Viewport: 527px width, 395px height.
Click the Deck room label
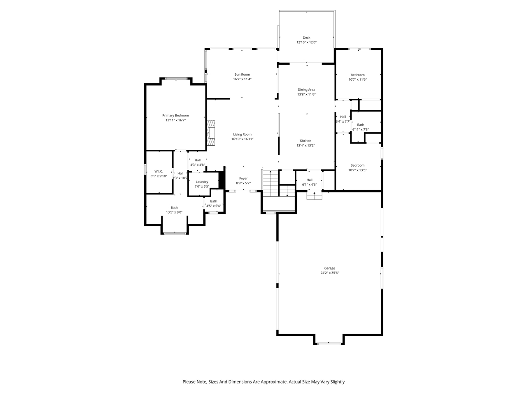click(x=306, y=37)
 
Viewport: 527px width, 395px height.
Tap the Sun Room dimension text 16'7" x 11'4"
click(x=242, y=79)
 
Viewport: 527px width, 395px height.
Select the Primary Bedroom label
click(x=175, y=116)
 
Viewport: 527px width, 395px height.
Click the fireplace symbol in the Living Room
click(x=211, y=133)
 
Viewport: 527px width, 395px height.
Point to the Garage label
click(x=329, y=268)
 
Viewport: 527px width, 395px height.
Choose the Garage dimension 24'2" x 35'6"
click(x=329, y=273)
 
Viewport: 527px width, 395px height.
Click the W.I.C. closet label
click(x=159, y=171)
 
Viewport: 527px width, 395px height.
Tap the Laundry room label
click(x=202, y=182)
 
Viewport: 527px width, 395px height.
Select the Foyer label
click(x=243, y=179)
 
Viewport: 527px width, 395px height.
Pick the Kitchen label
click(x=305, y=141)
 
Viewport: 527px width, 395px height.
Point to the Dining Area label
click(x=306, y=90)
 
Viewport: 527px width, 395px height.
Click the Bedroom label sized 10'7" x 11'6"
click(x=357, y=75)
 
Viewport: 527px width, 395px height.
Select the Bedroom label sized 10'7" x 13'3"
click(x=357, y=165)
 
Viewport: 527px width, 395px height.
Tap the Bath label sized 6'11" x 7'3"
click(x=360, y=125)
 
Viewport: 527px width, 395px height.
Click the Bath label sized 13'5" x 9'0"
click(x=174, y=208)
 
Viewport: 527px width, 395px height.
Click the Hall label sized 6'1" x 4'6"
click(x=309, y=180)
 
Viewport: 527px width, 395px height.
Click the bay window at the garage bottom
click(x=329, y=343)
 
